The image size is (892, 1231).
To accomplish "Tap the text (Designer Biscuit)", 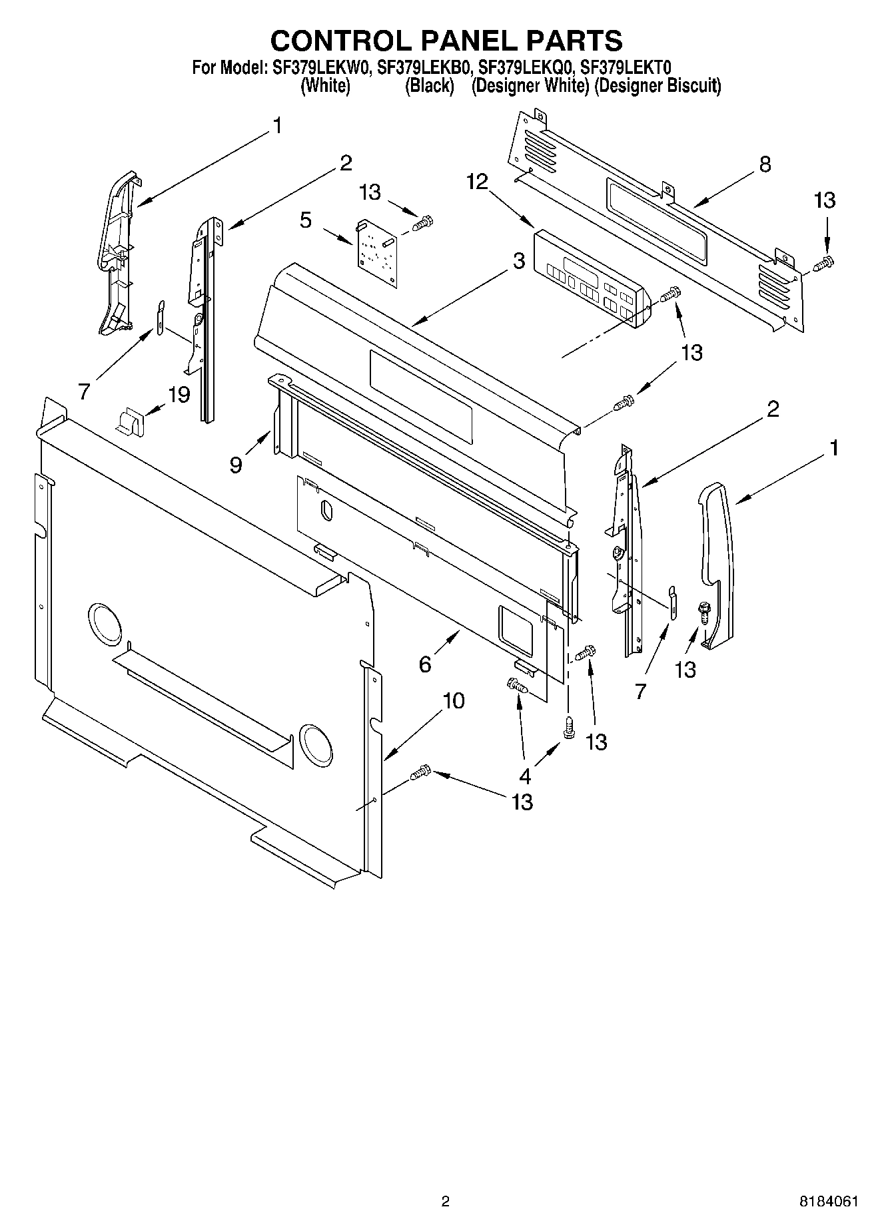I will (657, 86).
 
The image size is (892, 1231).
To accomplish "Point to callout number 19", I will (179, 394).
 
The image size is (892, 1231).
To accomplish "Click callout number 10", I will (453, 700).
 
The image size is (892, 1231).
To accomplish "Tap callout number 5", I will (305, 220).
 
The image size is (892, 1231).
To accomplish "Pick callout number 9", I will (236, 464).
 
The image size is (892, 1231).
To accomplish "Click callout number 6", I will (425, 664).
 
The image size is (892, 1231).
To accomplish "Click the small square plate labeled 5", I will (375, 253).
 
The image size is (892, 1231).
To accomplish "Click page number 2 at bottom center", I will (445, 1202).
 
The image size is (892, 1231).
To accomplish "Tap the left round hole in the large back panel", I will (105, 625).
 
